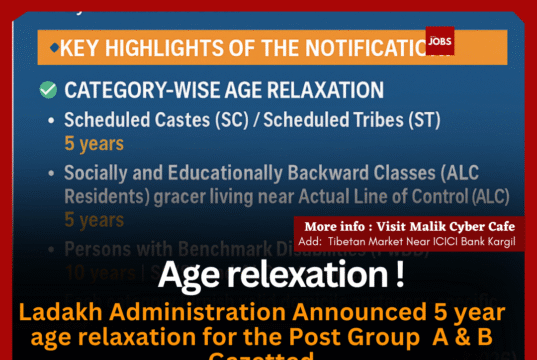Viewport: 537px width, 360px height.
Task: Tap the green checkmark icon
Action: (47, 90)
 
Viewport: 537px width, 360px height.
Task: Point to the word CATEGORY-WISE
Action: (130, 90)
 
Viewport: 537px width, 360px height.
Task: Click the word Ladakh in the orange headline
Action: (55, 311)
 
